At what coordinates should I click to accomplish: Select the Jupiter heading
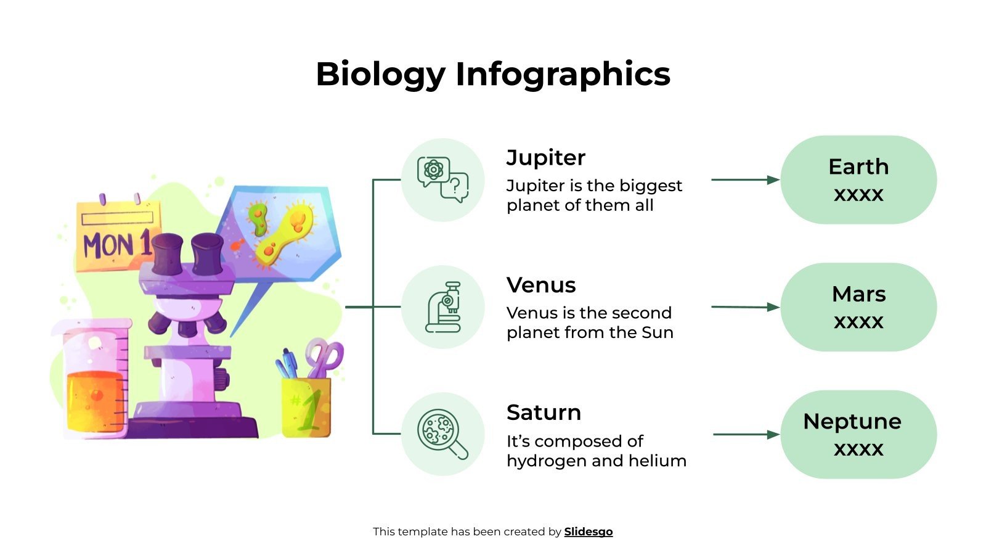[545, 158]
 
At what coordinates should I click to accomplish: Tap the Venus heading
[541, 285]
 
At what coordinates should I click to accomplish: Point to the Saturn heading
[544, 412]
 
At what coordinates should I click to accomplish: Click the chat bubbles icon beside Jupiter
[442, 179]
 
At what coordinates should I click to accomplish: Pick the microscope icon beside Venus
[442, 307]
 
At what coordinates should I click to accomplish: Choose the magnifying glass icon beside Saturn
[442, 434]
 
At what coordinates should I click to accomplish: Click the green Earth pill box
[858, 179]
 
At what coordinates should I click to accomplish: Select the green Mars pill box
[858, 307]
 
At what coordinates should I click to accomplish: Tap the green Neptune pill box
[858, 434]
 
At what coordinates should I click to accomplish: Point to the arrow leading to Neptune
[746, 434]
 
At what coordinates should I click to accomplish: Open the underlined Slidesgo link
[588, 532]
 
